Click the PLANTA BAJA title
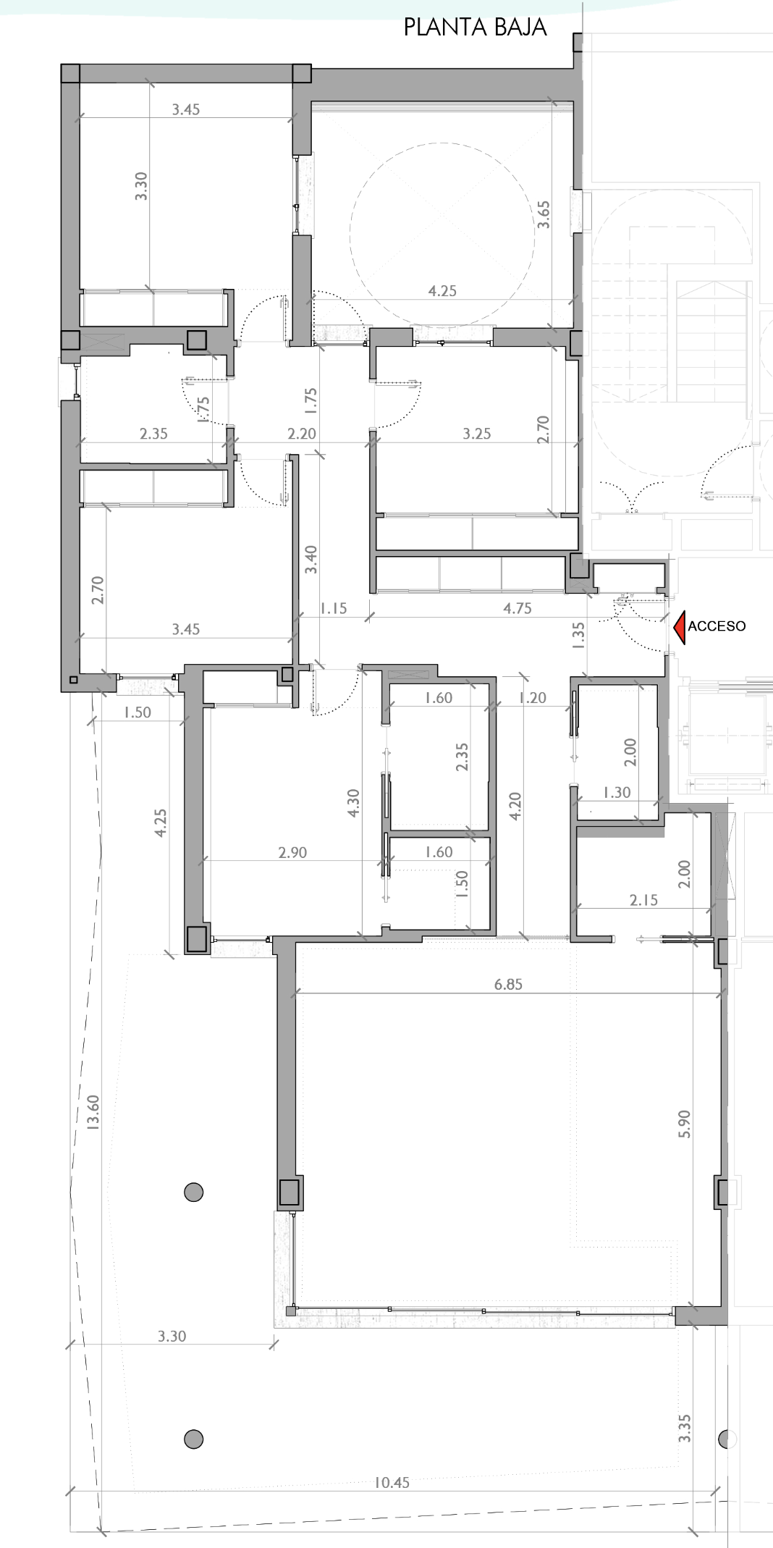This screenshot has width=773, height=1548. click(475, 28)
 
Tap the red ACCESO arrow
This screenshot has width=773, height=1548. click(679, 627)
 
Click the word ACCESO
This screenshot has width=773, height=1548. click(716, 626)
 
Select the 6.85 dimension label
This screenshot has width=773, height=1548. click(508, 984)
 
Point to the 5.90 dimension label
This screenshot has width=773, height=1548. click(685, 1124)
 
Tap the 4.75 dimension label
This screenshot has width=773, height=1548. click(518, 608)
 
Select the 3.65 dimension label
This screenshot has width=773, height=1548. click(544, 214)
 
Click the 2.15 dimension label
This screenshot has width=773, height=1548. click(643, 900)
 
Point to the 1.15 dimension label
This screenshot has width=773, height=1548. click(333, 608)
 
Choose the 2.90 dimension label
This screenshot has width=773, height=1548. click(292, 852)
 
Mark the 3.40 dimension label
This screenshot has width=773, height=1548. click(311, 560)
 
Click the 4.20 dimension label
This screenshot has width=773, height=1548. click(515, 806)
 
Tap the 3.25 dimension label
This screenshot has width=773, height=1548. click(477, 434)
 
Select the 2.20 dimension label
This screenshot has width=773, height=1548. click(301, 434)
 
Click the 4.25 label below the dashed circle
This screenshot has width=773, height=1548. click(442, 291)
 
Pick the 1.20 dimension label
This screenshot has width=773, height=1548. click(532, 698)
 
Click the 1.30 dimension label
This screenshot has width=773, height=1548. click(617, 793)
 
